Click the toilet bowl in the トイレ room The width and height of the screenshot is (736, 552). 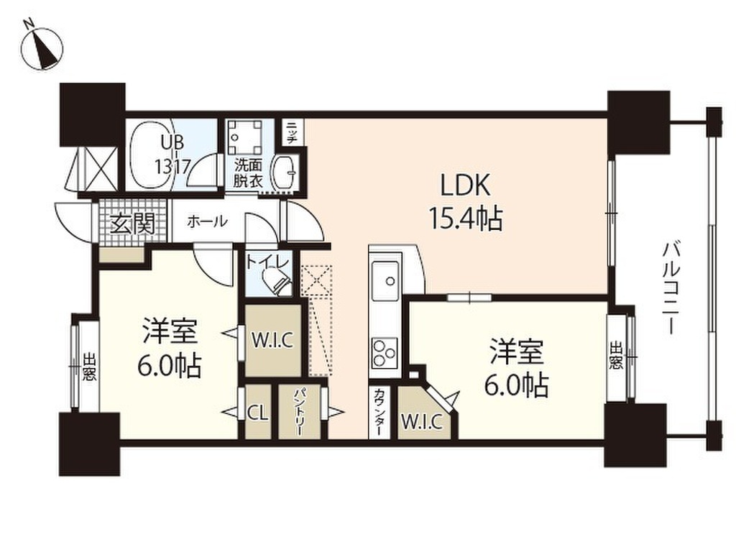(275, 281)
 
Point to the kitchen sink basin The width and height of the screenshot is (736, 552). (385, 275)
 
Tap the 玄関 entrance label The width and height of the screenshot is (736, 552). (132, 224)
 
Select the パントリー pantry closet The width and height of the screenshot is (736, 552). (300, 413)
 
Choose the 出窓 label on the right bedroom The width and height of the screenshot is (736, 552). (617, 354)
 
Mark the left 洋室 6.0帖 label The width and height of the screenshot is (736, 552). (170, 348)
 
